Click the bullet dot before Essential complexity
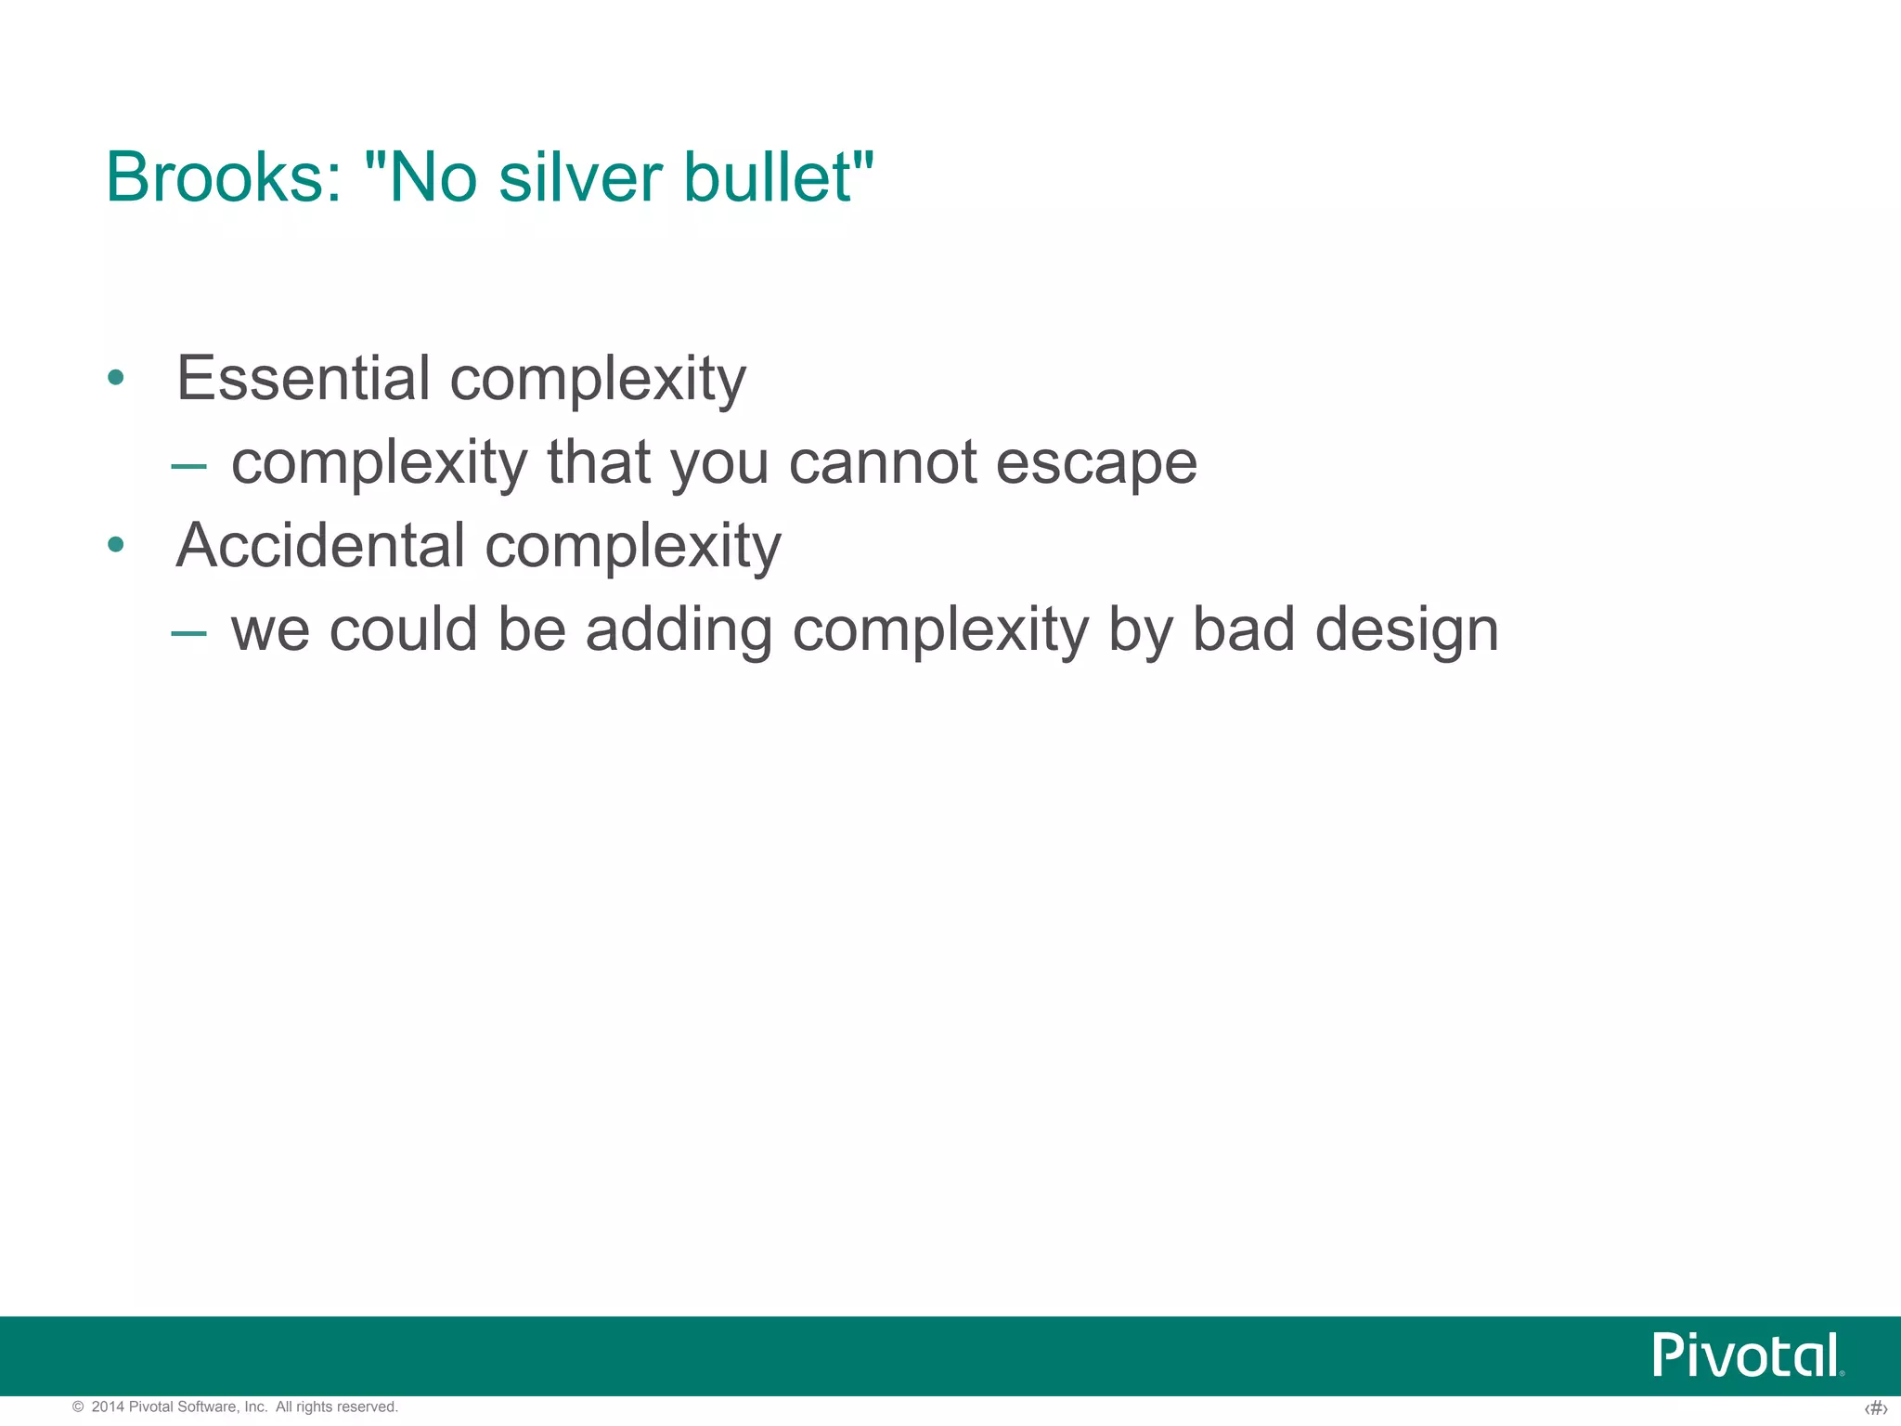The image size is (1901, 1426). pyautogui.click(x=115, y=377)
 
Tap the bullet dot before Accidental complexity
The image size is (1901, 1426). pyautogui.click(x=115, y=545)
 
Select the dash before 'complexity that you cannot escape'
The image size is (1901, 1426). pyautogui.click(x=188, y=464)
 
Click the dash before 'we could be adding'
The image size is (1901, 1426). pyautogui.click(x=188, y=632)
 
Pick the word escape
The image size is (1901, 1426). pyautogui.click(x=1096, y=463)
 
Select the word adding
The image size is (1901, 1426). pyautogui.click(x=679, y=631)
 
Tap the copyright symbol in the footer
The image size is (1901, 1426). pyautogui.click(x=78, y=1407)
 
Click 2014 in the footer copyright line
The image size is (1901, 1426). pyautogui.click(x=108, y=1407)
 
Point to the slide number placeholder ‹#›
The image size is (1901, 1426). pyautogui.click(x=1875, y=1408)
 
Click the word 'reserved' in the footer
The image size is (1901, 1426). pyautogui.click(x=369, y=1407)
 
